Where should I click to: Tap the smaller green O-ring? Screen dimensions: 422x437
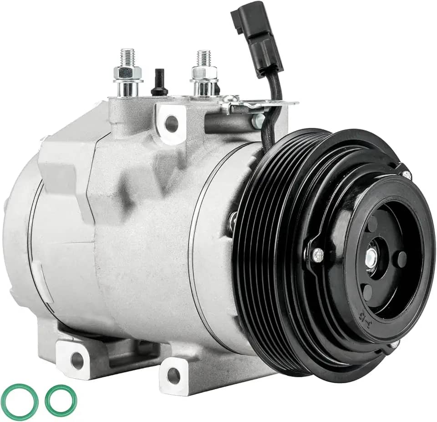point(61,401)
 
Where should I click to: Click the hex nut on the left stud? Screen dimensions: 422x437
point(128,73)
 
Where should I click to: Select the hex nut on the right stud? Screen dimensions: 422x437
point(204,73)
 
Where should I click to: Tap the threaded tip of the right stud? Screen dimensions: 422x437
point(203,57)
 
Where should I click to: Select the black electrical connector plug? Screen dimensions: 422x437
point(256,36)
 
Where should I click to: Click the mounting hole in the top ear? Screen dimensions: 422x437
point(172,123)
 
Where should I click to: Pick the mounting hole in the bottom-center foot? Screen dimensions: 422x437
point(173,375)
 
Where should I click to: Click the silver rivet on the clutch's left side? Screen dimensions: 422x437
point(319,255)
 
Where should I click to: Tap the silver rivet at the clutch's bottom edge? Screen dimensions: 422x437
point(394,345)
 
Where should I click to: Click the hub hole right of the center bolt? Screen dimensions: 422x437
point(401,259)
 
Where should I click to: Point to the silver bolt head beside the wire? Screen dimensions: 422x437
point(258,121)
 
